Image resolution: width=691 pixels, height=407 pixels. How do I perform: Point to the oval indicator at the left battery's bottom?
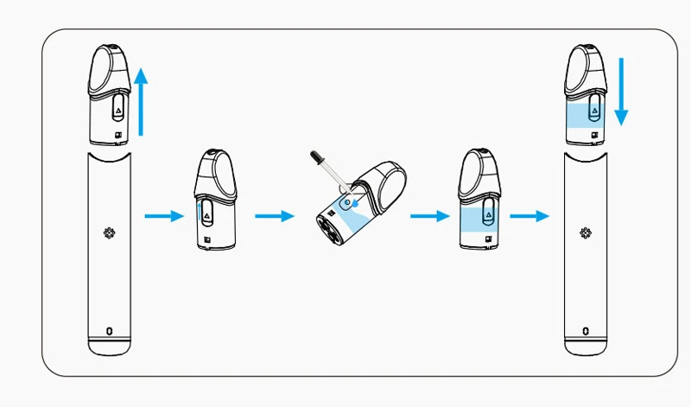(109, 330)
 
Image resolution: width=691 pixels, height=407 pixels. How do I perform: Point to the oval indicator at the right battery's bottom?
(586, 330)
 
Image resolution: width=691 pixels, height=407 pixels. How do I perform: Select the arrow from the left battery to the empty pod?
(164, 216)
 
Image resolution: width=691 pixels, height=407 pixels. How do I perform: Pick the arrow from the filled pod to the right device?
(529, 216)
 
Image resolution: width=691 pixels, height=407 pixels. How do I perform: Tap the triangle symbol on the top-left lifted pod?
(118, 109)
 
